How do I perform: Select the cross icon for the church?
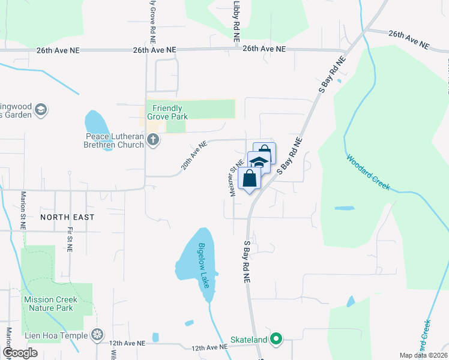[153, 140]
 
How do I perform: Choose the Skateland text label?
[249, 340]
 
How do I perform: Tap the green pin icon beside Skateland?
[276, 340]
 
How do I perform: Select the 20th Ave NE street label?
[194, 155]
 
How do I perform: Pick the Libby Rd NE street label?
[237, 21]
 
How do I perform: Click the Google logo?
[20, 353]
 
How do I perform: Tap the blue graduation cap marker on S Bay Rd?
[259, 163]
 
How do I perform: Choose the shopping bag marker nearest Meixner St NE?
[249, 178]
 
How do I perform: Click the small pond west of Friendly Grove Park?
[97, 124]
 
